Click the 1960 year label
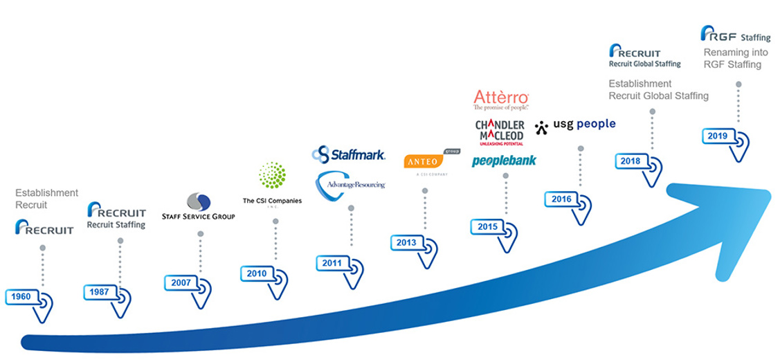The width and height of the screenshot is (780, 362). (x=21, y=296)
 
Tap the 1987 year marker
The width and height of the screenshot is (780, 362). (x=100, y=292)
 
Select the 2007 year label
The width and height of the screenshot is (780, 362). (x=181, y=282)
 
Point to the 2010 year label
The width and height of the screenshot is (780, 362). (x=257, y=273)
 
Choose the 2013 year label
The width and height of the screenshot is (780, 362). (x=406, y=242)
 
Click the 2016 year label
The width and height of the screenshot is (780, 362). (x=562, y=199)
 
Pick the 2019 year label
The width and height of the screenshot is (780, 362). (x=718, y=136)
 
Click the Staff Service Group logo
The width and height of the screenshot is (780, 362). (x=198, y=208)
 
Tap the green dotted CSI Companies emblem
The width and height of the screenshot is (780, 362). (x=272, y=175)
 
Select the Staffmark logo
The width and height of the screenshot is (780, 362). (x=349, y=154)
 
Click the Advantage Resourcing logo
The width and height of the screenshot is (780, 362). (x=350, y=184)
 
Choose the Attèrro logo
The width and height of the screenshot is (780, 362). (x=501, y=100)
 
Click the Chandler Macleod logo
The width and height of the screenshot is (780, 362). (x=500, y=132)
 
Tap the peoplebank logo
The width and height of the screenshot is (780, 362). (x=503, y=161)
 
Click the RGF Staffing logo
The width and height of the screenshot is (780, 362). (x=735, y=35)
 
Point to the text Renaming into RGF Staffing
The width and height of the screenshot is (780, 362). (x=732, y=58)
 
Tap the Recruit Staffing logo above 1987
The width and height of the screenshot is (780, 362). (x=116, y=215)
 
